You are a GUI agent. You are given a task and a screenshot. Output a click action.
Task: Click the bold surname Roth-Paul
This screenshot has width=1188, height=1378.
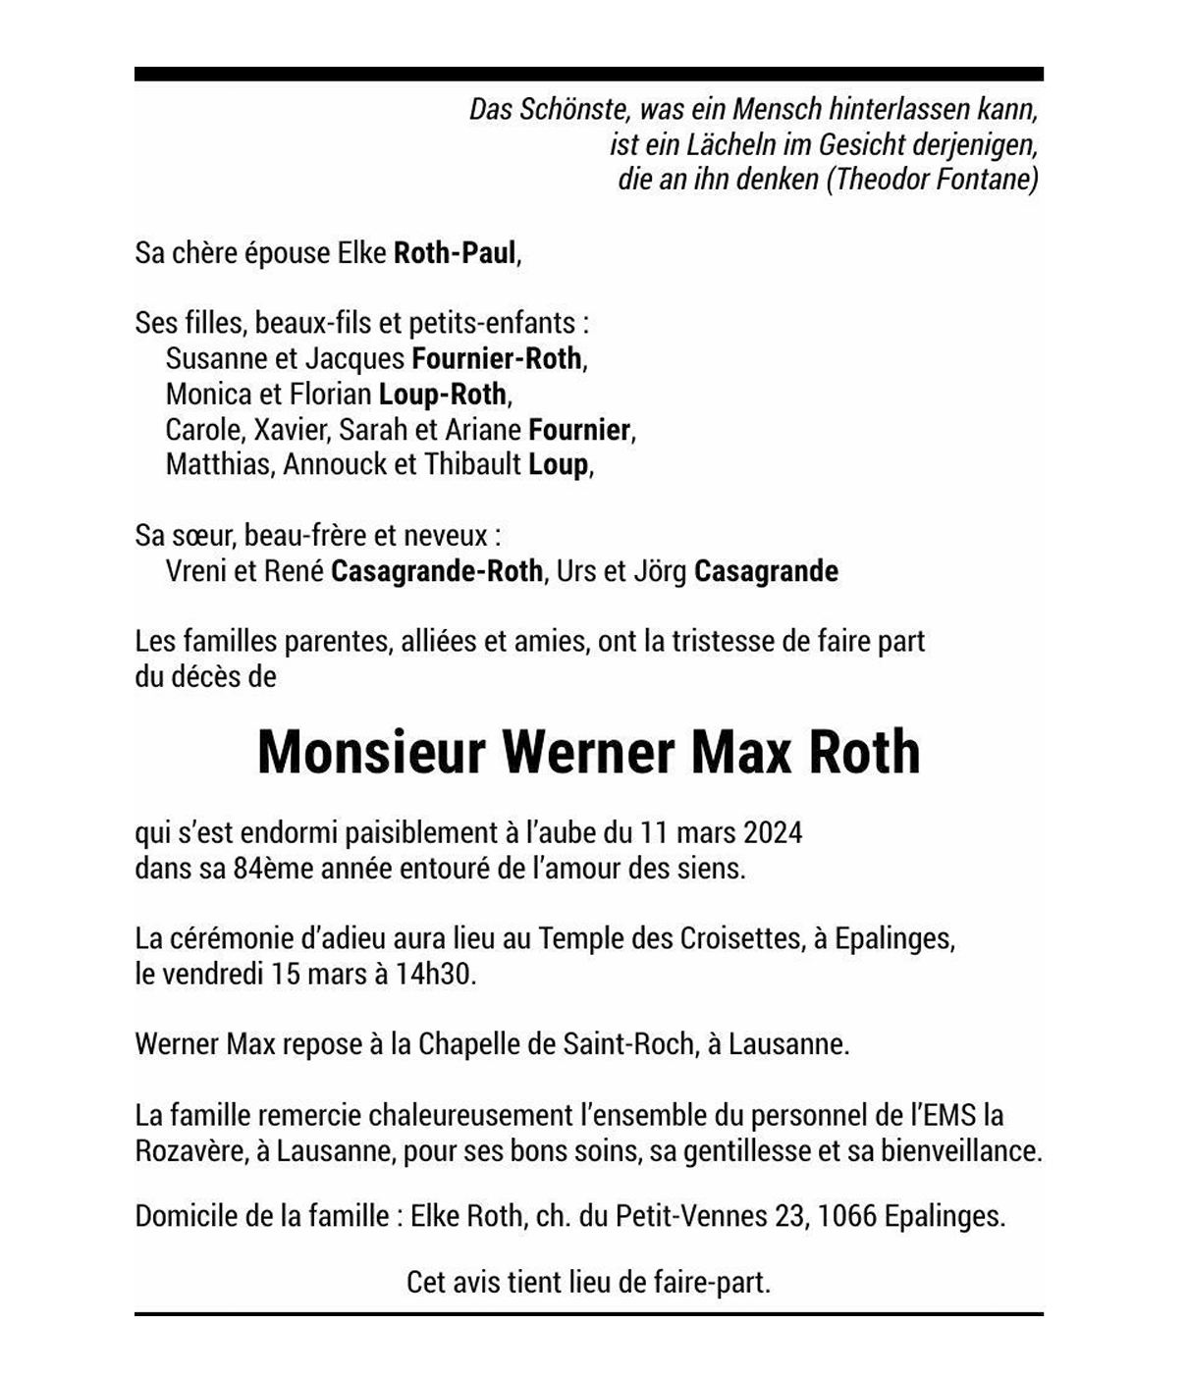[x=455, y=253]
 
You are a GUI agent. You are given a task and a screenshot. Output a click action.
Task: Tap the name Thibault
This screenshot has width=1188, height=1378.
[x=472, y=464]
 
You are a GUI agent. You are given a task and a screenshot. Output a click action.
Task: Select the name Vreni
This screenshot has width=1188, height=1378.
[x=196, y=571]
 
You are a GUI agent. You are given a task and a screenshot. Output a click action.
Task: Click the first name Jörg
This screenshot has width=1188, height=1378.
[x=661, y=571]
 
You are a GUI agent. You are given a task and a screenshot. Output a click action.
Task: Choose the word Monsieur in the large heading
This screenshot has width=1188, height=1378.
[x=372, y=753]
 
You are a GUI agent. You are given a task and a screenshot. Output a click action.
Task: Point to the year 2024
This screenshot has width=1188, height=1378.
[x=773, y=833]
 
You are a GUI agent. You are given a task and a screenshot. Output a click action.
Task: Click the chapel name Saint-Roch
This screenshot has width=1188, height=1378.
[x=628, y=1044]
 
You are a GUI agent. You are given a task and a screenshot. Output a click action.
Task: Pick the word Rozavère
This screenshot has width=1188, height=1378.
[x=190, y=1151]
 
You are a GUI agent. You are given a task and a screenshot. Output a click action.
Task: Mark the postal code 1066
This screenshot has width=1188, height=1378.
[x=846, y=1217]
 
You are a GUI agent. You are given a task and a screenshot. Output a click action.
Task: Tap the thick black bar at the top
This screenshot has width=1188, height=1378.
[x=589, y=74]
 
